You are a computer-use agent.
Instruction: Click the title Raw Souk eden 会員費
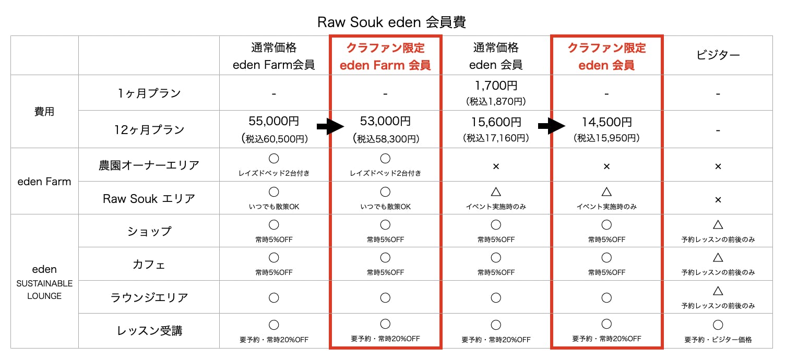(x=391, y=22)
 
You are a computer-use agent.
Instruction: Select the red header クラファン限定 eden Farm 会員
(x=385, y=56)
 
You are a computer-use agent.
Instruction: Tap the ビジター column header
(x=718, y=56)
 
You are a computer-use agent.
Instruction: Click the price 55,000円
(x=274, y=122)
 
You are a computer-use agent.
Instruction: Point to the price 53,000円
(x=385, y=122)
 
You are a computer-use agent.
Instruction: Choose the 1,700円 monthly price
(x=496, y=86)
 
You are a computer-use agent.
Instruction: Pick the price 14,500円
(x=606, y=122)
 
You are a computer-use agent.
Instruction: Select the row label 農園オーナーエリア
(x=149, y=165)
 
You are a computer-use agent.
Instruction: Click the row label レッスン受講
(x=149, y=331)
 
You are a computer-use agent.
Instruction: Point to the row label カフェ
(x=149, y=265)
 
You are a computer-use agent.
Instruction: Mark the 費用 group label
(x=44, y=111)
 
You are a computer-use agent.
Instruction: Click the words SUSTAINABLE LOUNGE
(x=44, y=290)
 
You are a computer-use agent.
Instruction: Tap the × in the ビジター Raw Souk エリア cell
(x=718, y=199)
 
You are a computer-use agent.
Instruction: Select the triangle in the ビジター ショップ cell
(x=718, y=225)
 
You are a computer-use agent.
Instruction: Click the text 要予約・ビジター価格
(x=718, y=340)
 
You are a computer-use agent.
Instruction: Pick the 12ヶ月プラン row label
(x=149, y=129)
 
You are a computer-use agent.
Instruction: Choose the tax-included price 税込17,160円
(x=496, y=138)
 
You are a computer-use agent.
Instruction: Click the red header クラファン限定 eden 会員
(x=606, y=56)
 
